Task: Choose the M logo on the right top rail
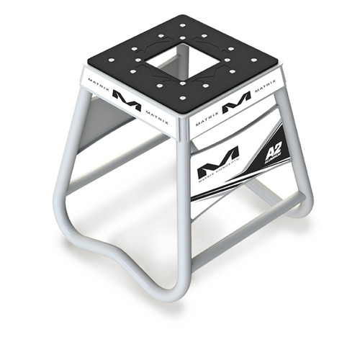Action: (236, 100)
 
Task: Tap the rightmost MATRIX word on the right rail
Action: (266, 85)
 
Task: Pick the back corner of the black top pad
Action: (176, 17)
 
